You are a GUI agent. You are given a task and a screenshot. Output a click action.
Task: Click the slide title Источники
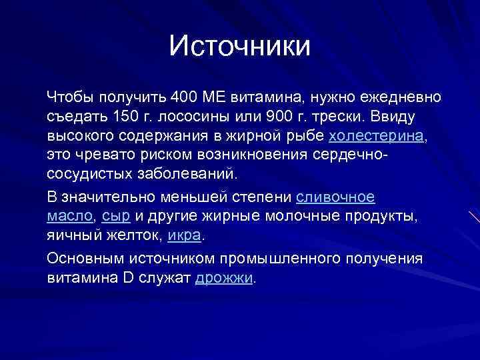(240, 46)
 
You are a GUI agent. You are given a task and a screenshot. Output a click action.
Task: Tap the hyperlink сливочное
(335, 197)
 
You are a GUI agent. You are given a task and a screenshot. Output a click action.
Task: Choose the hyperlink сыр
(117, 217)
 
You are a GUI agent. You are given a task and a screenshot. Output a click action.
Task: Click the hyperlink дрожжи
(224, 278)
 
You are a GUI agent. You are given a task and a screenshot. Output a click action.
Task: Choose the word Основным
(83, 259)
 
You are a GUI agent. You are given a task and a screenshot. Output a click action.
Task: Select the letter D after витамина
(130, 278)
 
